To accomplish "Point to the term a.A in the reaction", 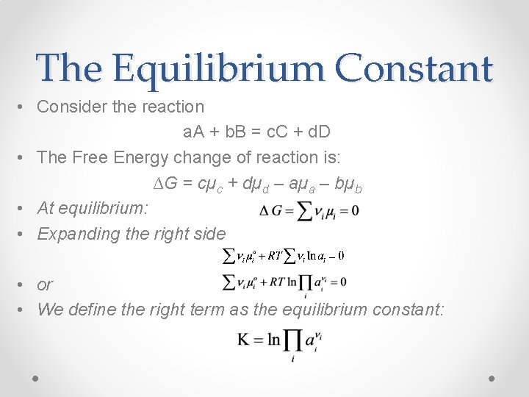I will click(x=195, y=132).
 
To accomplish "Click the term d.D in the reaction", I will click(x=317, y=132).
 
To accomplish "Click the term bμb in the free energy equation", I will click(x=349, y=184).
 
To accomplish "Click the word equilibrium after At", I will click(x=102, y=208).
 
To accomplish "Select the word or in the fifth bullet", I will click(x=45, y=284).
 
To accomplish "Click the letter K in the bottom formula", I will click(x=245, y=340).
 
